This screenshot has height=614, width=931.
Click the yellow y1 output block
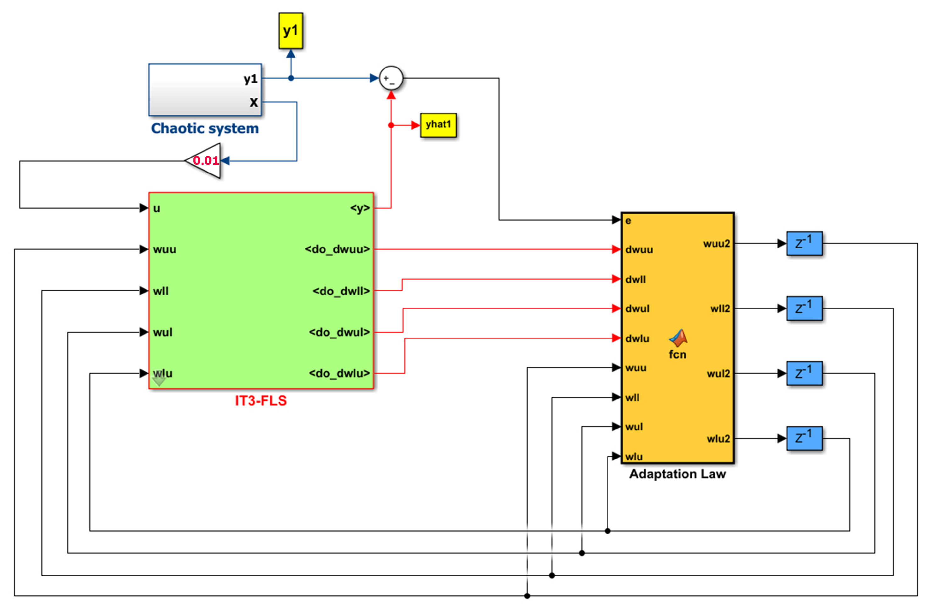coord(291,31)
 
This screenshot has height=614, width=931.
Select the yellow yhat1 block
coord(438,125)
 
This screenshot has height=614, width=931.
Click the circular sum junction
coord(391,78)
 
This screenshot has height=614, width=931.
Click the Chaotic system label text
coord(205,128)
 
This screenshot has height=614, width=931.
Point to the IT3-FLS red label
coord(261,401)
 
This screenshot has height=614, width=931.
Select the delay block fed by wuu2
coord(804,243)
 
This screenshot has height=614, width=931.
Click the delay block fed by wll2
coord(804,309)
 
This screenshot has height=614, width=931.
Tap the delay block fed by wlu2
coord(804,438)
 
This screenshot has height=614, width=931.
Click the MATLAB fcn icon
coord(678,338)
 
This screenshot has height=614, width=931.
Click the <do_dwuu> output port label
coord(337,249)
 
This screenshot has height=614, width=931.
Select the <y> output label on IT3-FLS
coord(360,208)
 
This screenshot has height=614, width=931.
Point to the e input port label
coord(628,221)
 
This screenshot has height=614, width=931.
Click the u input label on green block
coord(157,208)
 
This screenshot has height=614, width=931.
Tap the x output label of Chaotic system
coord(254,102)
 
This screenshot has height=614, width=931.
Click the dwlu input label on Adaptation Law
coord(637,338)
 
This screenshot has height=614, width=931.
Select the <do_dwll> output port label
coord(341,291)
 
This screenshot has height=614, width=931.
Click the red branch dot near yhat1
coord(391,125)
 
